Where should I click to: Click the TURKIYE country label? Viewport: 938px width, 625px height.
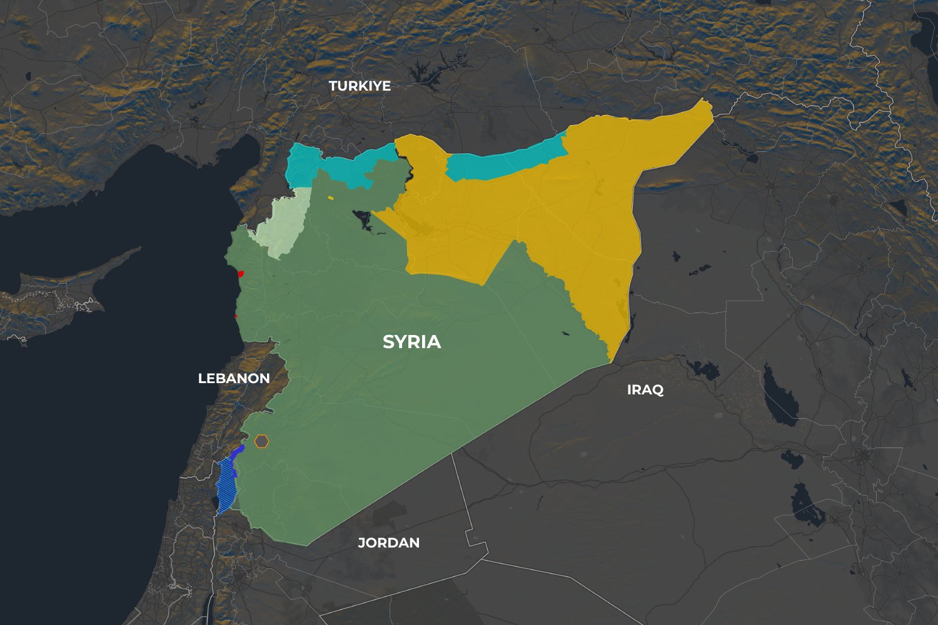pyautogui.click(x=360, y=86)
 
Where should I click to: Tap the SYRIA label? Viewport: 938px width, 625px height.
pyautogui.click(x=411, y=342)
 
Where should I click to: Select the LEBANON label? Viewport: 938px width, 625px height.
pyautogui.click(x=234, y=378)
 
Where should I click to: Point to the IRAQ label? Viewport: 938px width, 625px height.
pyautogui.click(x=645, y=390)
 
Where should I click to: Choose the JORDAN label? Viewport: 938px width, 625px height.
pyautogui.click(x=388, y=542)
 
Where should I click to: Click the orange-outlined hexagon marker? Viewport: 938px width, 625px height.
pyautogui.click(x=261, y=441)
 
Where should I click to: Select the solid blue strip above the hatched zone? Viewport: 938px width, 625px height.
pyautogui.click(x=236, y=453)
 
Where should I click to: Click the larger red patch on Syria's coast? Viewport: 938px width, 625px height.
pyautogui.click(x=241, y=274)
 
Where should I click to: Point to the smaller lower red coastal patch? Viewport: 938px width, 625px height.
pyautogui.click(x=236, y=316)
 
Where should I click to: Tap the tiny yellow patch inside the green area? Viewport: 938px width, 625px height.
pyautogui.click(x=331, y=198)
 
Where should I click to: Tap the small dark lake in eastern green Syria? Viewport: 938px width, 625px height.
pyautogui.click(x=565, y=333)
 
